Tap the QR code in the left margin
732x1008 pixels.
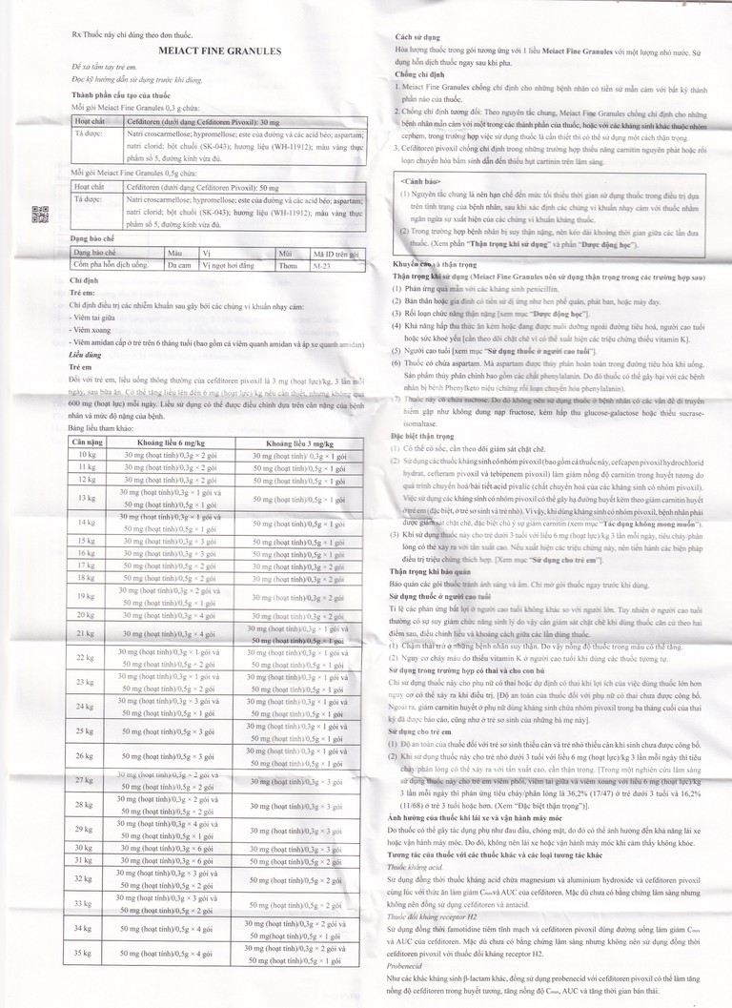(40, 215)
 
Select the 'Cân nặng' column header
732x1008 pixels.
(88, 442)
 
